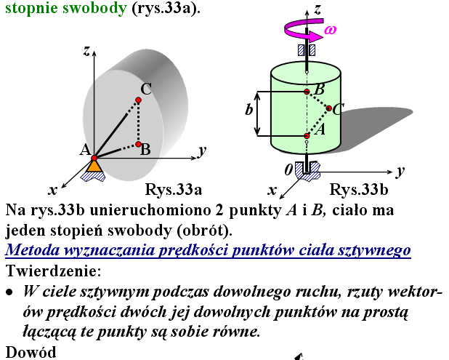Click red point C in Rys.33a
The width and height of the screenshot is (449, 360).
point(139,100)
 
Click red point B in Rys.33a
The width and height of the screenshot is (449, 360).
point(137,144)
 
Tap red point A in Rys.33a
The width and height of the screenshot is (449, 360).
point(94,156)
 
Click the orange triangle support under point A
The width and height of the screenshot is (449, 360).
point(94,166)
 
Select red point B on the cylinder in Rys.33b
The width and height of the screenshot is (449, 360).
point(307,92)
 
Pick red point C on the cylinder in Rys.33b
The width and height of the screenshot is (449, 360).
point(329,109)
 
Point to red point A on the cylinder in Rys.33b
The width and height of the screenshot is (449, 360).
point(307,136)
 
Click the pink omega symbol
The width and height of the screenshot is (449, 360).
point(331,29)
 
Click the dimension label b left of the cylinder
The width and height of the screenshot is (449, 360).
point(248,110)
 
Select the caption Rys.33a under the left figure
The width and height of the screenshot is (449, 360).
point(174,191)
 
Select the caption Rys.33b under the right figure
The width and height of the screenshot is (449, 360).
point(359,191)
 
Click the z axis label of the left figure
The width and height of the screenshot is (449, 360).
point(86,50)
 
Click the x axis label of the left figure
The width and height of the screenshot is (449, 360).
point(52,190)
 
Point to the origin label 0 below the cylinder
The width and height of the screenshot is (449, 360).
point(289,169)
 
